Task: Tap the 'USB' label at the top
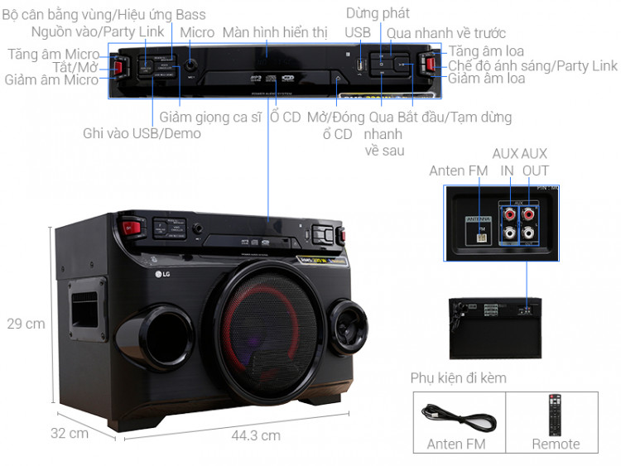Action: click(359, 32)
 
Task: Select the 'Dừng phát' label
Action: click(378, 13)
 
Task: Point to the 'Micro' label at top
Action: click(197, 32)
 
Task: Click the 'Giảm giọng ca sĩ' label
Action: click(210, 118)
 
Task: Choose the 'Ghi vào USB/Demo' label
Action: click(142, 134)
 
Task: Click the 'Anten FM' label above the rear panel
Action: click(458, 171)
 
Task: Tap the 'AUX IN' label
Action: click(506, 162)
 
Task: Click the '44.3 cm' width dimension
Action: click(256, 435)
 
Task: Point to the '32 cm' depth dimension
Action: click(69, 433)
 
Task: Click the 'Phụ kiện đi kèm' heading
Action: click(458, 378)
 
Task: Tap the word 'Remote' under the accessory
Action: click(556, 444)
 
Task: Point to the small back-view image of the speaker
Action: click(494, 328)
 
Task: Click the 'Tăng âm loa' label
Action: click(486, 51)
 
